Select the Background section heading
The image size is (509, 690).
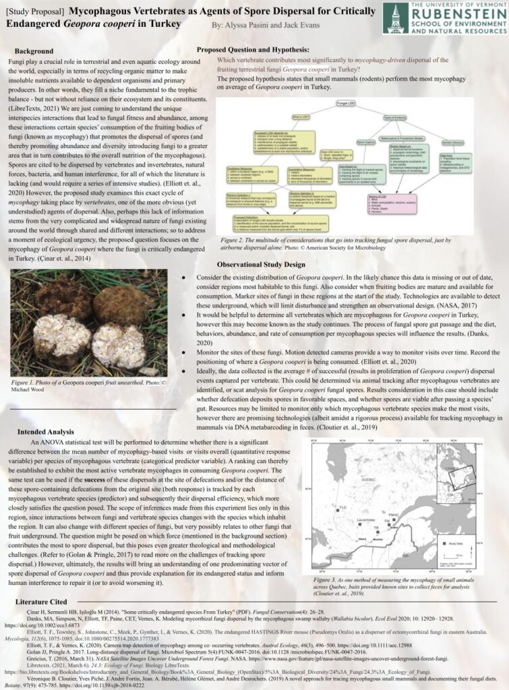(34, 51)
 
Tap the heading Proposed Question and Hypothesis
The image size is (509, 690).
(253, 50)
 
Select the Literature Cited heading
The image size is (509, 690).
(41, 600)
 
